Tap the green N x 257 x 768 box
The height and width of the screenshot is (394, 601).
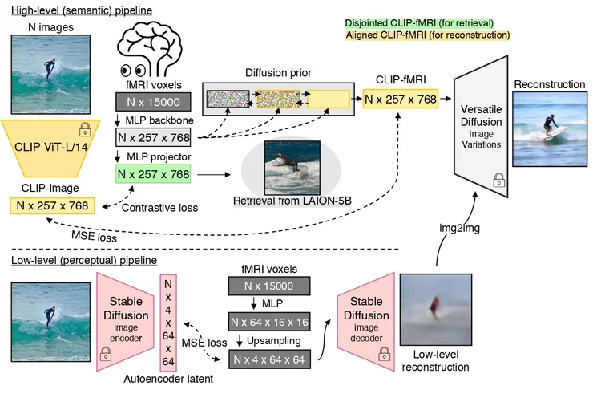[x=154, y=173]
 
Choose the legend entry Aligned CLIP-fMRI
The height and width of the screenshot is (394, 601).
[x=427, y=35]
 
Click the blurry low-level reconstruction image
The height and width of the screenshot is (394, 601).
[x=435, y=308]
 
